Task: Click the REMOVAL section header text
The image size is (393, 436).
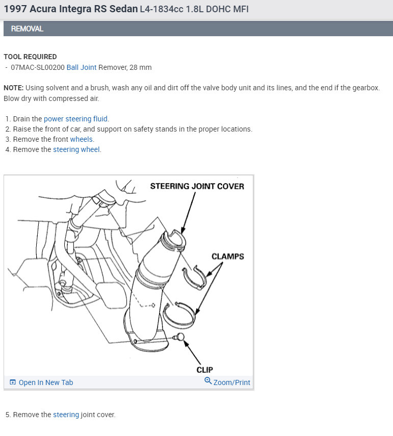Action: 27,29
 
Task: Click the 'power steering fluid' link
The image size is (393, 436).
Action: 76,119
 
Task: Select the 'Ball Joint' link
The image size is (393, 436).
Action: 81,67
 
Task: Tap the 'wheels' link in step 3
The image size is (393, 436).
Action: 82,139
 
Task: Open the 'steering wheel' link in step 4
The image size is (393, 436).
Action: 76,149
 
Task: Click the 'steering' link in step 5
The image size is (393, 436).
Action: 66,415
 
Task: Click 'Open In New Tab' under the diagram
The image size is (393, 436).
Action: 41,382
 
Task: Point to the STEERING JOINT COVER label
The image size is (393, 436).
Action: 197,186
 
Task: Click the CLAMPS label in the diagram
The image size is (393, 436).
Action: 228,257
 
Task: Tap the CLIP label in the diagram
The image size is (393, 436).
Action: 204,370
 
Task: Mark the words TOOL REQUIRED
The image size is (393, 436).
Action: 30,57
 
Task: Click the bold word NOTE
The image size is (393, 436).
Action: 13,88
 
